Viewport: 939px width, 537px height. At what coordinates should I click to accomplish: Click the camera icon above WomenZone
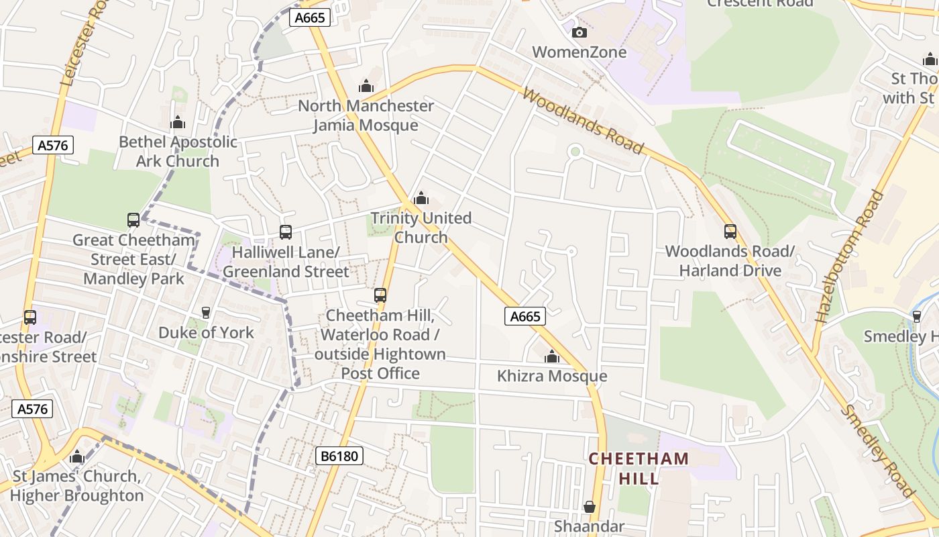click(579, 32)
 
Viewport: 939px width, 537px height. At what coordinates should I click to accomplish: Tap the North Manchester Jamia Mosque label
click(366, 115)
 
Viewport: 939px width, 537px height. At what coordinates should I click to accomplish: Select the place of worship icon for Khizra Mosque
click(552, 356)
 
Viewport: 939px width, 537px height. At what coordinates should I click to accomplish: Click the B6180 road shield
click(339, 456)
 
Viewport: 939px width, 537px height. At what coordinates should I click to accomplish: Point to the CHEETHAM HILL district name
click(639, 469)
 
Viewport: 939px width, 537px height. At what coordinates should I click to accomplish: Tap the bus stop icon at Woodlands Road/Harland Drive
click(730, 232)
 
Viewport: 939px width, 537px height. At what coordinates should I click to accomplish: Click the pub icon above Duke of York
click(206, 313)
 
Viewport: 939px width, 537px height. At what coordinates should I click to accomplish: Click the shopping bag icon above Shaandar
click(589, 506)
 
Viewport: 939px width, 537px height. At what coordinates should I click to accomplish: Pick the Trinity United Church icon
click(421, 198)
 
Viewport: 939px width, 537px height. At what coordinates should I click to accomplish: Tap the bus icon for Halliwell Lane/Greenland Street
click(286, 232)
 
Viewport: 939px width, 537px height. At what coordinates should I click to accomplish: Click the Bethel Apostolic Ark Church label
click(178, 152)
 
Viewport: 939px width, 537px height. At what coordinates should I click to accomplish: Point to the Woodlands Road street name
click(582, 121)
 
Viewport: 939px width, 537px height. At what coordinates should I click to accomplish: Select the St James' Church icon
click(77, 457)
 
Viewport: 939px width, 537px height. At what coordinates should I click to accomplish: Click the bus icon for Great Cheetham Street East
click(133, 220)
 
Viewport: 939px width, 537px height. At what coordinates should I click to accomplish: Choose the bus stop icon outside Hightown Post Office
click(380, 295)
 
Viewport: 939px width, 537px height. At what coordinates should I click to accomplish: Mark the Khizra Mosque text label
click(552, 377)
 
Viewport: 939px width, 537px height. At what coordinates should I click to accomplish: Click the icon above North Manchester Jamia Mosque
click(366, 86)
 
